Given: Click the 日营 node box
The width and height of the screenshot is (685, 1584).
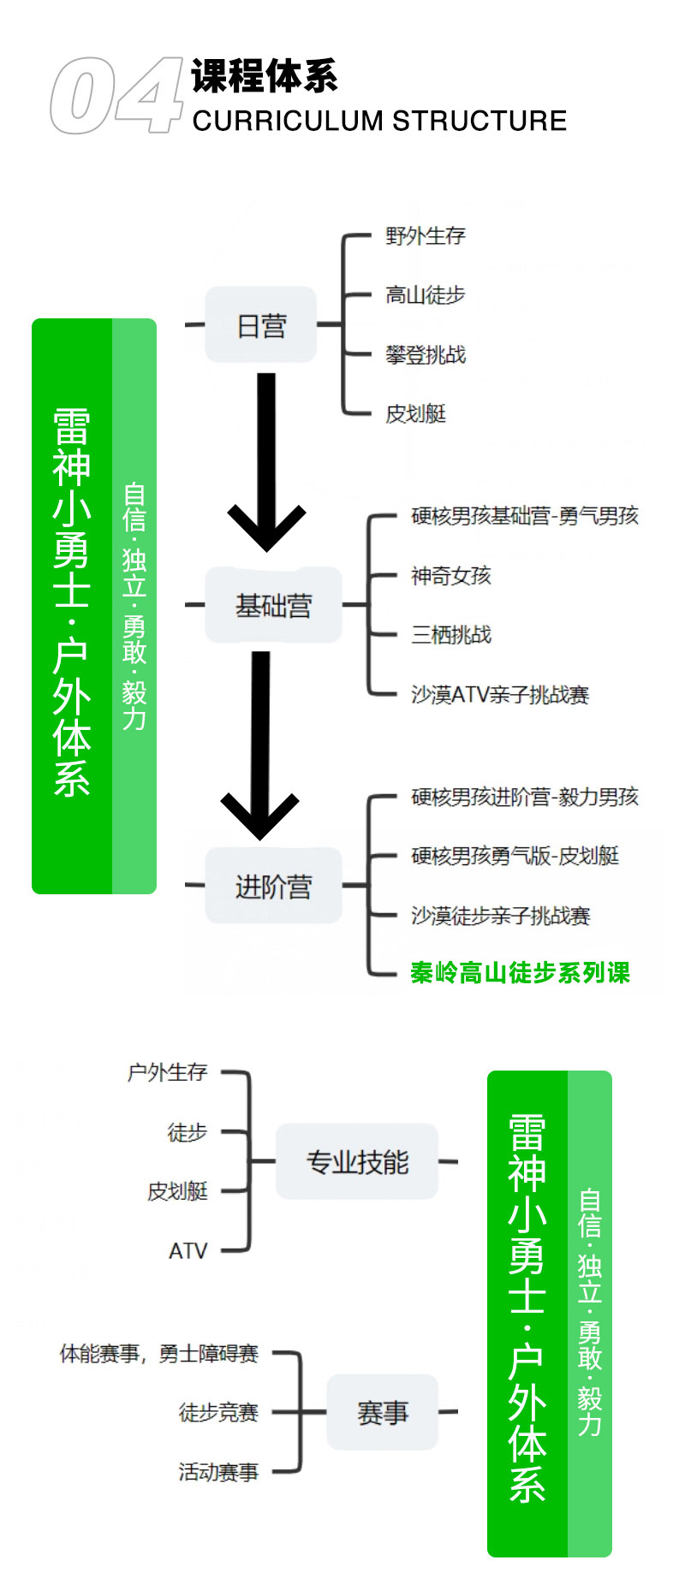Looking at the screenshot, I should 261,325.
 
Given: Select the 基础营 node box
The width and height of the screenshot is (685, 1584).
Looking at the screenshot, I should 273,606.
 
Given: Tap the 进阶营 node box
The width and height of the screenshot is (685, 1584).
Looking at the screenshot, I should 273,887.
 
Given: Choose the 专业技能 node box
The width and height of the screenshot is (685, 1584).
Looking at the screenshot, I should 357,1162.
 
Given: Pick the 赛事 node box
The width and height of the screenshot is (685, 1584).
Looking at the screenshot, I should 382,1412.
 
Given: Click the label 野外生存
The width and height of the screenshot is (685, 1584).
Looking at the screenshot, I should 425,235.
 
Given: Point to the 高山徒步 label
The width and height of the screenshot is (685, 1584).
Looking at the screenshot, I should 425,295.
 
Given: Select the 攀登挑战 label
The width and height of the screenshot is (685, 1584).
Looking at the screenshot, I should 425,354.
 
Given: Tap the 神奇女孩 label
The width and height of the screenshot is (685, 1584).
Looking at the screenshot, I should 450,576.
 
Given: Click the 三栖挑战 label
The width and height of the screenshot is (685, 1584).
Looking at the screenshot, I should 450,635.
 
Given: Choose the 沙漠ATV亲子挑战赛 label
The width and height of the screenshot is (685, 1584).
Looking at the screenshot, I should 500,694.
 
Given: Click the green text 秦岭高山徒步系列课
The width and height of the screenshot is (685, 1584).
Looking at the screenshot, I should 520,973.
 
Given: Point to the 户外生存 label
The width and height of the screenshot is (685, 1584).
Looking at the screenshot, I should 168,1072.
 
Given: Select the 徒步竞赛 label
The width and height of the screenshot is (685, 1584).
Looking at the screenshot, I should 218,1412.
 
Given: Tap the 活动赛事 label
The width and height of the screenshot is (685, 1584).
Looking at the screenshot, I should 218,1472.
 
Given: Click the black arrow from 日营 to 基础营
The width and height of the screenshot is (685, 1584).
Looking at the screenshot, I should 266,462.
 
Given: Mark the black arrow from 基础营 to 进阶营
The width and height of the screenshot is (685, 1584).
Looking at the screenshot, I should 260,745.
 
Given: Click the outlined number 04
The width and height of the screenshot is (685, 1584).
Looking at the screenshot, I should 116,96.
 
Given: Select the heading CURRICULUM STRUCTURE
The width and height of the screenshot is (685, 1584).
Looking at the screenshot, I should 379,121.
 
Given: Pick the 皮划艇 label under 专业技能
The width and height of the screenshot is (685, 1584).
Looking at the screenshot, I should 177,1191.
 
